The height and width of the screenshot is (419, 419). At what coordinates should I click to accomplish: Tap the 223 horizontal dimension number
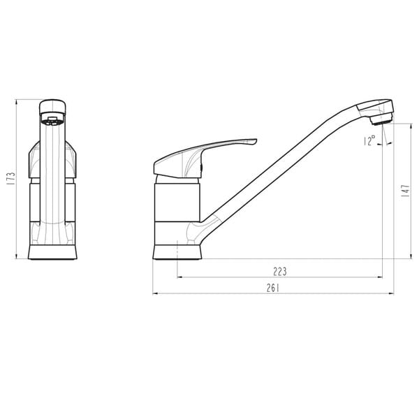coord(280,271)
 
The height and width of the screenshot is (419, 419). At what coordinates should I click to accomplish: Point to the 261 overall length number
coord(274,288)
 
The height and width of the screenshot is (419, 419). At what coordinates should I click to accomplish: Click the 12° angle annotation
coord(369,141)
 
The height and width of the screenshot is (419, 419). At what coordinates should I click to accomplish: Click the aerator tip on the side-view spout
coord(381,120)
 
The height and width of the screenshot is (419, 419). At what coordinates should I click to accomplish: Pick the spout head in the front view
coord(52,112)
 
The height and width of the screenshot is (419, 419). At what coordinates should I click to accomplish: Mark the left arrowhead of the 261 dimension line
coord(156,293)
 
